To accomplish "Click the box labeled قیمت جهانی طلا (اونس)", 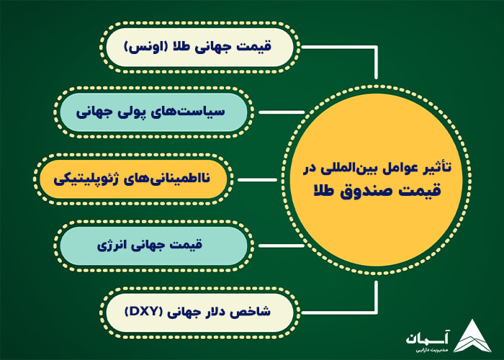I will (x=199, y=48).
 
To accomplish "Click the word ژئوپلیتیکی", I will (x=84, y=178).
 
